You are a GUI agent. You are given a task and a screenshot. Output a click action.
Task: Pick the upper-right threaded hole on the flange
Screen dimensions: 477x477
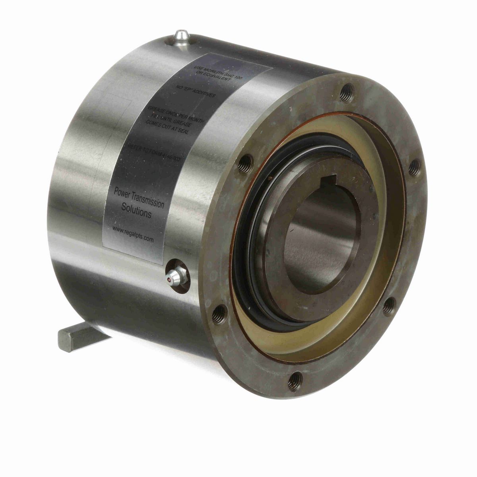tap(414, 167)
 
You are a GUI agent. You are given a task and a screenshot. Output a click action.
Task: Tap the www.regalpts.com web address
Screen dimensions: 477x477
tap(133, 233)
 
